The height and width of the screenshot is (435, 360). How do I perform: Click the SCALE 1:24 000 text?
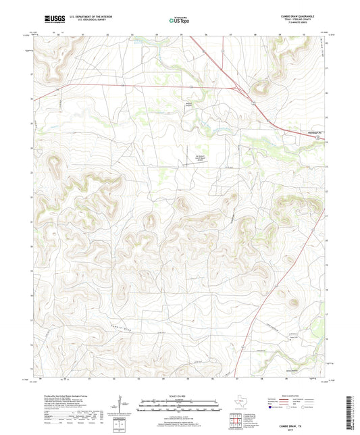(x=179, y=396)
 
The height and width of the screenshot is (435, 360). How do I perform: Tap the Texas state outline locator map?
(x=240, y=400)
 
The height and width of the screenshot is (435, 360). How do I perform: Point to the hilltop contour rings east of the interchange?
(x=259, y=86)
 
